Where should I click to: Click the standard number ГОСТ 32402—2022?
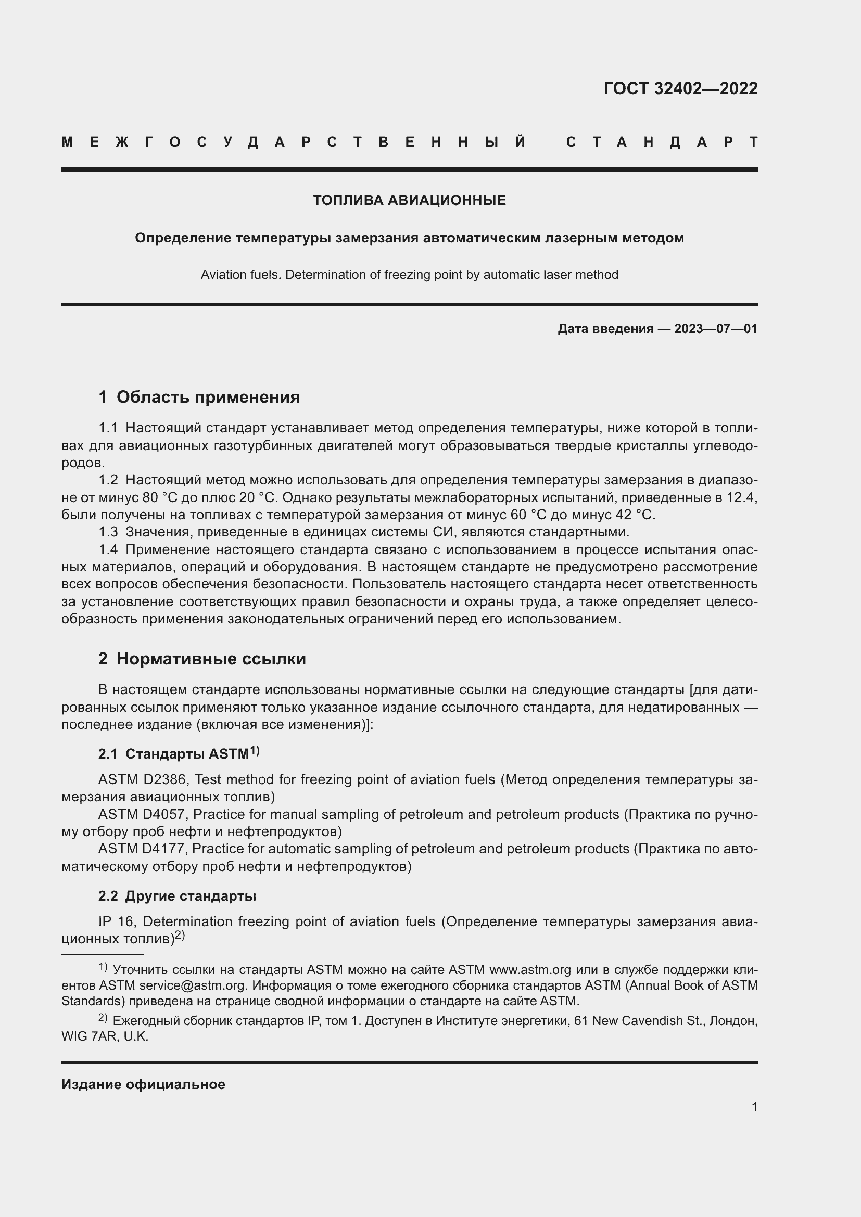coord(680,88)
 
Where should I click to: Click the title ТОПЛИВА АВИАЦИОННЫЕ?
coord(409,200)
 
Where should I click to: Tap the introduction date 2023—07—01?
coord(715,329)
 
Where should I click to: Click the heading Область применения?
coord(208,397)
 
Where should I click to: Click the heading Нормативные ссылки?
coord(211,659)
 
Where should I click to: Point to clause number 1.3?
coord(108,532)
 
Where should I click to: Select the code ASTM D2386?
coord(144,780)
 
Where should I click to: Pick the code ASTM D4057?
coord(144,814)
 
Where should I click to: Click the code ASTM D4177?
coord(143,849)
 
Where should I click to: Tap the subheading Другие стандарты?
coord(191,896)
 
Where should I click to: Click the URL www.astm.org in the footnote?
coord(530,970)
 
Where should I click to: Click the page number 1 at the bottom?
coord(754,1107)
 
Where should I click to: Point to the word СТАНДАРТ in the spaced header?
coord(662,142)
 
